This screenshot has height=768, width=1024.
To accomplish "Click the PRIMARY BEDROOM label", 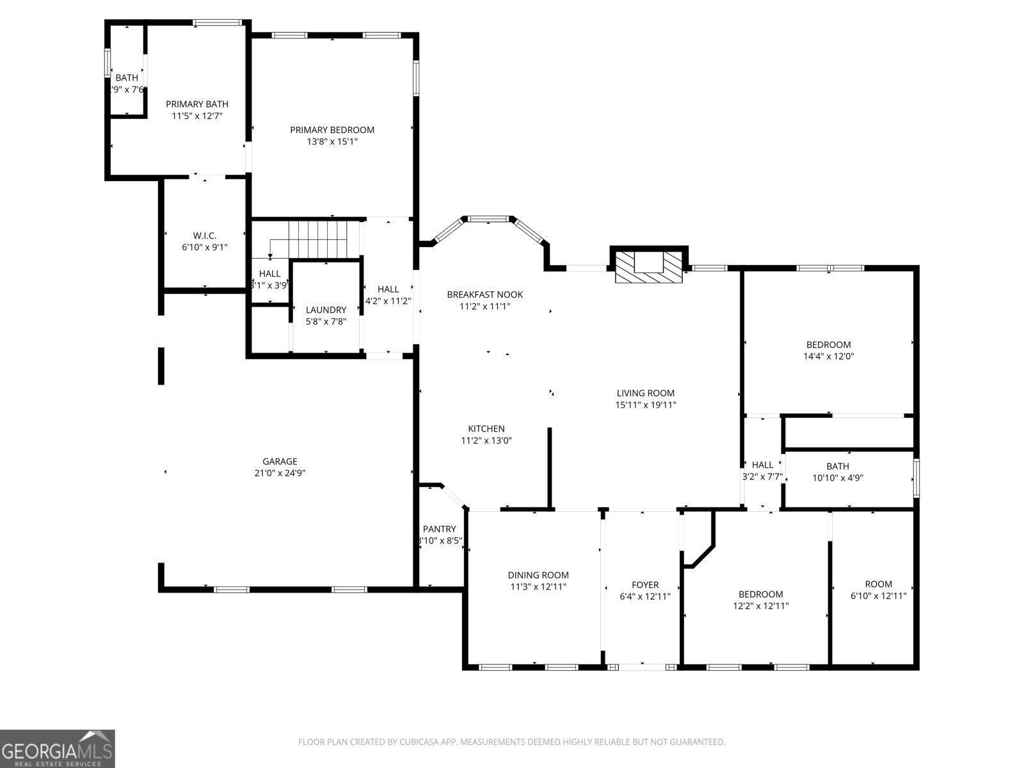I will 332,130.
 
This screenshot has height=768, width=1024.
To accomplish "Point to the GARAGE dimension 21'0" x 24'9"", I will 280,473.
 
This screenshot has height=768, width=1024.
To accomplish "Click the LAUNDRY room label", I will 326,310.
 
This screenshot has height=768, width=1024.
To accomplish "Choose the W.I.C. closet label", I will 204,236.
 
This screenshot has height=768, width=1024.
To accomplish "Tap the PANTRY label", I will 439,529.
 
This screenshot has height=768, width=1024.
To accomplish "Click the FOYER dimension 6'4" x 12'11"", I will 644,596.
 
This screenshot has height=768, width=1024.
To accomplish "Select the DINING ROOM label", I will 538,575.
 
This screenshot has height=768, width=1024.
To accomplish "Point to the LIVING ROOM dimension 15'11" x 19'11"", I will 645,404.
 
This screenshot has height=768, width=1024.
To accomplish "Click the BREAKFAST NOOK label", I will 484,294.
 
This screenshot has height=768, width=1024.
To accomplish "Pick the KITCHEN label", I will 486,429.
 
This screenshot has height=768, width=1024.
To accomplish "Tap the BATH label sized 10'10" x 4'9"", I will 837,466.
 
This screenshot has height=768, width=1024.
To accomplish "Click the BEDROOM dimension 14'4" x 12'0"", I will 828,356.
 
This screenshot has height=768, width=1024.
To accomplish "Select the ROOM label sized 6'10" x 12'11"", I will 878,584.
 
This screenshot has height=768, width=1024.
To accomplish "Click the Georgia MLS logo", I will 57,748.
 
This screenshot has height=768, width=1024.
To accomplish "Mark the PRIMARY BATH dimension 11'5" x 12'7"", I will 196,116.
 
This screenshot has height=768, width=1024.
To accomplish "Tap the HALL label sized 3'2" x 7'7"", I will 762,465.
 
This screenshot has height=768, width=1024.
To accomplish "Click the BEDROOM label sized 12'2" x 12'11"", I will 760,594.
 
